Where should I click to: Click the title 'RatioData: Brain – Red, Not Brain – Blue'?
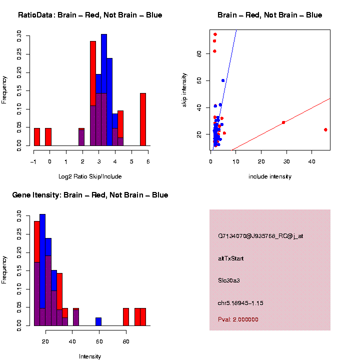pos(90,15)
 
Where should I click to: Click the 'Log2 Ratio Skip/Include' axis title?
pos(90,176)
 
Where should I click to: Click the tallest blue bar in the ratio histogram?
pos(104,90)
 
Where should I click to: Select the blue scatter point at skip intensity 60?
pos(223,80)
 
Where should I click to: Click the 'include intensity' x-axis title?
pos(270,176)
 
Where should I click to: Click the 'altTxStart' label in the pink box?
pos(231,258)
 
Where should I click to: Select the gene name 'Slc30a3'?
pos(229,280)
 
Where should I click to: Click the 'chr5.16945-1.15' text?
pos(240,303)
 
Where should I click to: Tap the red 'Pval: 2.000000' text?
pos(238,319)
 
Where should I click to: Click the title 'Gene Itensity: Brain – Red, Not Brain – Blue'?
pos(90,195)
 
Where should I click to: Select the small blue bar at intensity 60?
pos(98,321)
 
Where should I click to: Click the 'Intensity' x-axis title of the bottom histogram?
pos(90,356)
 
